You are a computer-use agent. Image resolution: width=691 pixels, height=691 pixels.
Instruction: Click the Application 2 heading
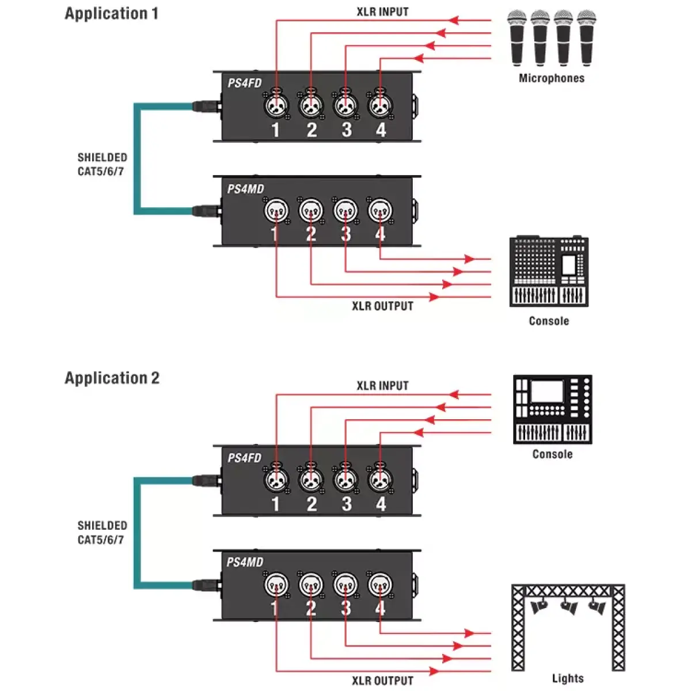[112, 378]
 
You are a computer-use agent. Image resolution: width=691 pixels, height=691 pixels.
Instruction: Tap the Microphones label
[551, 78]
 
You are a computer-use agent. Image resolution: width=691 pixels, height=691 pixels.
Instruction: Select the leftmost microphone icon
[517, 38]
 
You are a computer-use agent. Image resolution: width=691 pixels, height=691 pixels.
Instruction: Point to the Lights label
[568, 678]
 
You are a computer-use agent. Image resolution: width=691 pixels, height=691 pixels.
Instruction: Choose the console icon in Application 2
[552, 409]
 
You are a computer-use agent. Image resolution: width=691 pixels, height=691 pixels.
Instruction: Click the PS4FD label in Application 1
[244, 83]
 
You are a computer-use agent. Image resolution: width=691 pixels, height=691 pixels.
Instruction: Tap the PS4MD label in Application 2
[245, 562]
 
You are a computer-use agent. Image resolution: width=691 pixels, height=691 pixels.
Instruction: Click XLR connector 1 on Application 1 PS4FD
[276, 105]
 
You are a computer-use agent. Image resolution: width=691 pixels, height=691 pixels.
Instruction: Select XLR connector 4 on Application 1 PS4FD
[380, 105]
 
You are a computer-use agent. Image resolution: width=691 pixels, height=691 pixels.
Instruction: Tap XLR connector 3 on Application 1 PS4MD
[345, 211]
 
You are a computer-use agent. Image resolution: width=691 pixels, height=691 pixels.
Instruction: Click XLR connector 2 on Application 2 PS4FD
[311, 479]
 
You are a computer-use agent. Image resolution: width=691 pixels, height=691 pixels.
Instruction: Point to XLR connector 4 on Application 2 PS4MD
[380, 585]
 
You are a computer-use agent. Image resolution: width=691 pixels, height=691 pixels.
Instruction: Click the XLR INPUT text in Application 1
[382, 12]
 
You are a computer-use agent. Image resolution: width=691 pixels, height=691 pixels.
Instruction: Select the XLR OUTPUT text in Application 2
[382, 681]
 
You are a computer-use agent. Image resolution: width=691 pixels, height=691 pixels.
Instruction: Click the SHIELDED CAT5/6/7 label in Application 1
[102, 164]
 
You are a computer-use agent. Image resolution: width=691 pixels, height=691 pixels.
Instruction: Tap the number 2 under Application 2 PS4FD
[312, 504]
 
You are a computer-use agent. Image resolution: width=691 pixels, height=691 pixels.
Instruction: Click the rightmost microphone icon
[586, 38]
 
